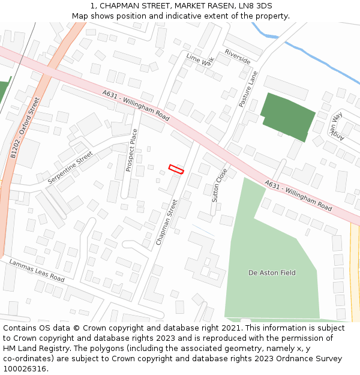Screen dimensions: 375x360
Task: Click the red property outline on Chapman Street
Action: pyautogui.click(x=176, y=169)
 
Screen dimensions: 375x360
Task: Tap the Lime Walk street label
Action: pyautogui.click(x=200, y=59)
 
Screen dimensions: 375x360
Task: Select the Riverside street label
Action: pyautogui.click(x=238, y=57)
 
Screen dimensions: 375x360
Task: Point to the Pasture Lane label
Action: pyautogui.click(x=248, y=89)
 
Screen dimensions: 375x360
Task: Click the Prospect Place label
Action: pyautogui.click(x=131, y=150)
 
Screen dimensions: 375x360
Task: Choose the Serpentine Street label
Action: pyautogui.click(x=70, y=167)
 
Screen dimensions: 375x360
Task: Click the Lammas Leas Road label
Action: pyautogui.click(x=37, y=271)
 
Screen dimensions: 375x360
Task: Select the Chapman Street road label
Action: pyautogui.click(x=167, y=222)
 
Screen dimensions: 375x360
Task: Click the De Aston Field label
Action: pyautogui.click(x=272, y=273)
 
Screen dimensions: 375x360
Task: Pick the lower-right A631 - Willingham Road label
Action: pyautogui.click(x=298, y=195)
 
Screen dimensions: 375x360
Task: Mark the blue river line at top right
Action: pyautogui.click(x=312, y=59)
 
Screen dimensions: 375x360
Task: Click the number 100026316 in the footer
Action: pyautogui.click(x=24, y=368)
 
